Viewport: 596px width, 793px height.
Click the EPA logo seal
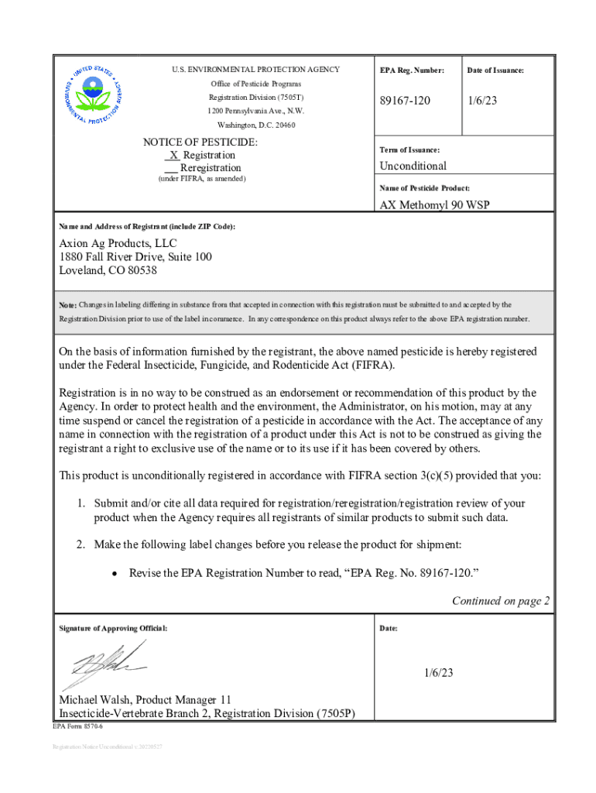click(92, 96)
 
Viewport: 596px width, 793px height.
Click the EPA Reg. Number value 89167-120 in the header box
click(405, 101)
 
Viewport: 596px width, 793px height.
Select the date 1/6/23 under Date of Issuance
click(482, 101)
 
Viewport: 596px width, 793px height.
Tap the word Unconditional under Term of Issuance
click(413, 166)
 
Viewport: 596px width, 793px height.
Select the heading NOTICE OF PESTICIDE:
click(200, 142)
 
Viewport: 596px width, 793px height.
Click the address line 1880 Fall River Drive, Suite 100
click(135, 257)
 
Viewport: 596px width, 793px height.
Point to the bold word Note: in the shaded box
click(67, 305)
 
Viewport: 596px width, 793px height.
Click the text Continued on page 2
click(501, 600)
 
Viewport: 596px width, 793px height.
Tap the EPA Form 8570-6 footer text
click(77, 728)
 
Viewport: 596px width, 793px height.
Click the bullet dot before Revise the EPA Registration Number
click(115, 574)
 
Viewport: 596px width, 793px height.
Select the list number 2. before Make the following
click(80, 544)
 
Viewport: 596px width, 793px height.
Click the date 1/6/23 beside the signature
click(437, 673)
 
